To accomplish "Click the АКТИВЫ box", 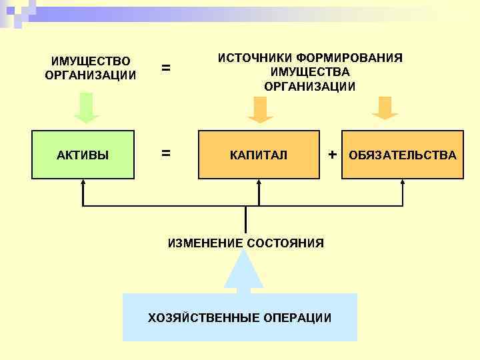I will (83, 155).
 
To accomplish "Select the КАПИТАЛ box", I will (259, 155).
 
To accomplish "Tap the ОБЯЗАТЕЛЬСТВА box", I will (403, 155).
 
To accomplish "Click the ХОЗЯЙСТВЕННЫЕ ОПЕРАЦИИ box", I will (240, 317).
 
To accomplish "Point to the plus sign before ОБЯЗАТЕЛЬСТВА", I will (332, 155).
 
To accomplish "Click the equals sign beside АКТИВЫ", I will (166, 153).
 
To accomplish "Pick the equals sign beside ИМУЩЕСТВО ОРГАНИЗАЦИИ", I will (166, 67).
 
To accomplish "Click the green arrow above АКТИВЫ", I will (86, 109).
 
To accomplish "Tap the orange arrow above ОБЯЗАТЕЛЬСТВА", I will (385, 109).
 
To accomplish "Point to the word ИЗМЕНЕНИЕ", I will (205, 243).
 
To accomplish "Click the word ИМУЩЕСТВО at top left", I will (91, 61).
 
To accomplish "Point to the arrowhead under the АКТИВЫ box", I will (83, 183).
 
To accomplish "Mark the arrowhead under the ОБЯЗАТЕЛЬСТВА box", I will (403, 183).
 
